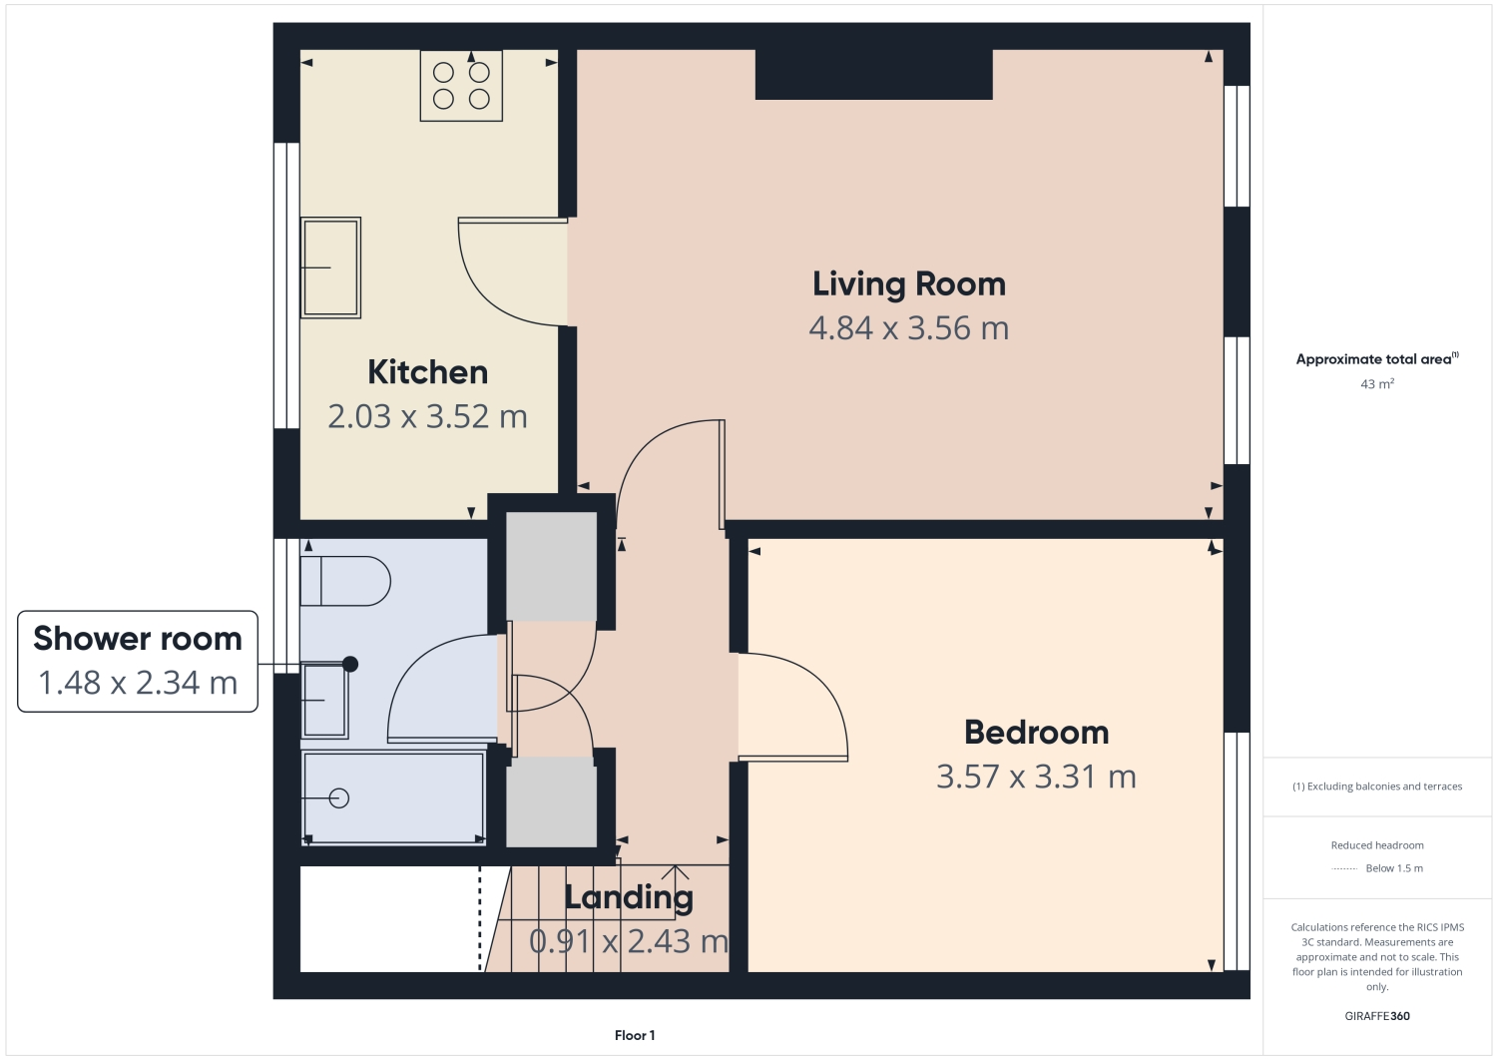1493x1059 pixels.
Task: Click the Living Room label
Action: point(908,284)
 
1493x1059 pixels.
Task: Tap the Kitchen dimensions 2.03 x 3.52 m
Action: point(427,416)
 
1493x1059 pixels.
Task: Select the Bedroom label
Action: point(1036,733)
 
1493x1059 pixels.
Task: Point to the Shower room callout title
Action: point(138,639)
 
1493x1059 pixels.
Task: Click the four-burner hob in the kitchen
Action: point(461,86)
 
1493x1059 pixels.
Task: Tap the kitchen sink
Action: point(330,267)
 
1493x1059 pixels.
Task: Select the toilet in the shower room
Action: point(345,581)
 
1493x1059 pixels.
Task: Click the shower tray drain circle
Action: point(339,797)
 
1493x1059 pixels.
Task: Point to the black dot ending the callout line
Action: point(350,664)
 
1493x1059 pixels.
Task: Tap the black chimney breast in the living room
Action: point(873,75)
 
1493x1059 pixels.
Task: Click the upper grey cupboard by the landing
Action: point(551,566)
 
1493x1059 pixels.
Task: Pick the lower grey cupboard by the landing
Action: point(551,801)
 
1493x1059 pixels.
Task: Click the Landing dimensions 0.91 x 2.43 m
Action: point(629,941)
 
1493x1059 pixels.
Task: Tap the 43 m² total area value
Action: point(1377,384)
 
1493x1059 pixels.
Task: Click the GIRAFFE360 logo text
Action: point(1377,1016)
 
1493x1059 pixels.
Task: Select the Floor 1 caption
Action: point(635,1036)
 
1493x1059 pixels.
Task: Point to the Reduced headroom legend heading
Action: point(1377,845)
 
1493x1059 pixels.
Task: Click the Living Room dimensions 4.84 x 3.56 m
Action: point(908,328)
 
